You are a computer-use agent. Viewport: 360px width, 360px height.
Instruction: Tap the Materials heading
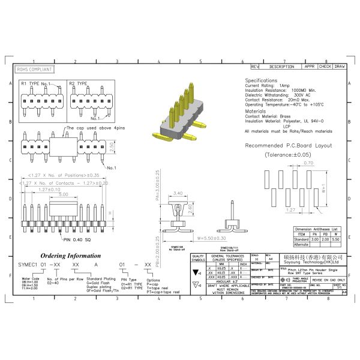pyautogui.click(x=256, y=111)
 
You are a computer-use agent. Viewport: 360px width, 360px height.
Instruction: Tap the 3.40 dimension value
pyautogui.click(x=178, y=193)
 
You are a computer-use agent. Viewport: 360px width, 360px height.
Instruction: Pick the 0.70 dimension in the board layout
pyautogui.click(x=308, y=163)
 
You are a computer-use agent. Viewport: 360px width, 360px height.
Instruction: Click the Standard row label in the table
pyautogui.click(x=302, y=239)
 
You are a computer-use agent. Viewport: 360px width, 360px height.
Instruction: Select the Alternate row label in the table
pyautogui.click(x=302, y=244)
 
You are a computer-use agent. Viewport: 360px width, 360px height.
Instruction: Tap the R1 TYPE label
pyautogui.click(x=30, y=83)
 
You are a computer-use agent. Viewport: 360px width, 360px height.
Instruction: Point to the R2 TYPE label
pyautogui.click(x=78, y=83)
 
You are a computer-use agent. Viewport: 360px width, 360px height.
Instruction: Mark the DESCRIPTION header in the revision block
pyautogui.click(x=281, y=67)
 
